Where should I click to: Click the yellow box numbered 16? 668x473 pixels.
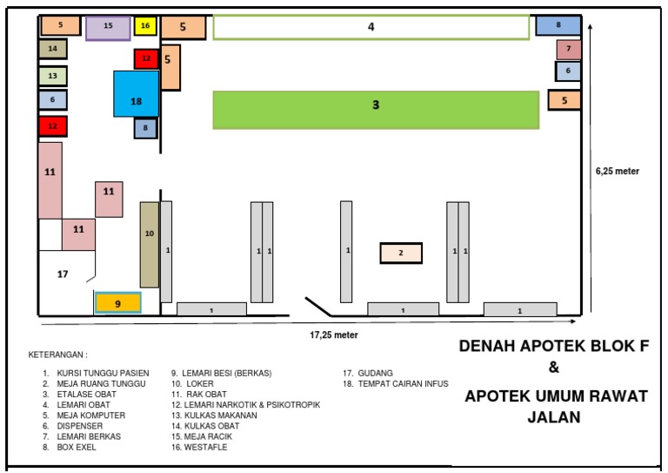(x=145, y=26)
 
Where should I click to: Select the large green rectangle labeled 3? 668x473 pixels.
(x=376, y=105)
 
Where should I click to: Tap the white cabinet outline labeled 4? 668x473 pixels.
(x=371, y=27)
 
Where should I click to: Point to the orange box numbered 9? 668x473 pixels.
(x=117, y=303)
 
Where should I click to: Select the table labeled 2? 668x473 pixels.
(x=401, y=253)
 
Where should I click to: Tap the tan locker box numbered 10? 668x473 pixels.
(x=150, y=244)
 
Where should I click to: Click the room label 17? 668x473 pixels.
(x=63, y=274)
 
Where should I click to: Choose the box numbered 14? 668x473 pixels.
(x=52, y=49)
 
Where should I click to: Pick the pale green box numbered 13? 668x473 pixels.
(x=52, y=76)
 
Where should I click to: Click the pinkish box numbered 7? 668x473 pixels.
(x=568, y=49)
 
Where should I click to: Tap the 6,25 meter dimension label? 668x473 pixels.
(x=618, y=171)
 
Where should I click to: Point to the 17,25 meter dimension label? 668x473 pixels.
(x=334, y=334)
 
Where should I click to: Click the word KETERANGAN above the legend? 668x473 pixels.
(x=57, y=355)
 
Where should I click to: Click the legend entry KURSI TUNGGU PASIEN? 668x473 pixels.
(x=96, y=373)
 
